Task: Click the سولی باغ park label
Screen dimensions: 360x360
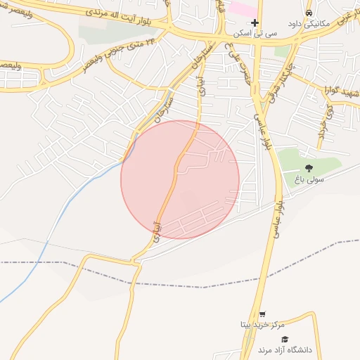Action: point(309,179)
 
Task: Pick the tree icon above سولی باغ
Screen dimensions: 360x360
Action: point(309,167)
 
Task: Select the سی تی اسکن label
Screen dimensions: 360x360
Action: point(257,33)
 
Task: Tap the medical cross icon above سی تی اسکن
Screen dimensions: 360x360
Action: point(255,22)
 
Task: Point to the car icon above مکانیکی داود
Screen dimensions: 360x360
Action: point(308,13)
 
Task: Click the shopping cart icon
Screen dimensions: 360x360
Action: point(262,314)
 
